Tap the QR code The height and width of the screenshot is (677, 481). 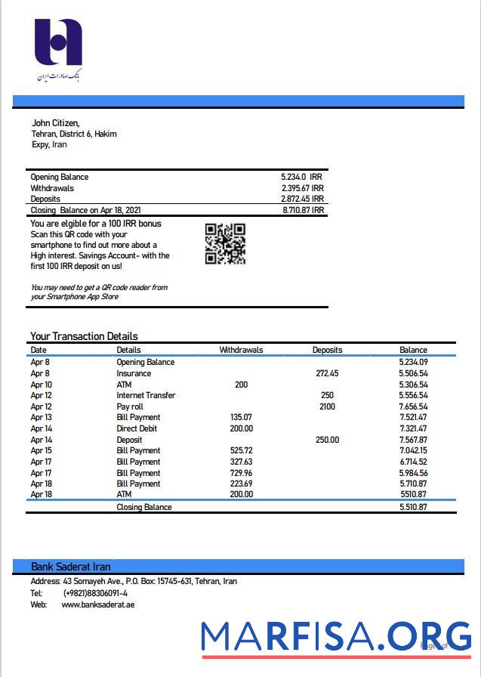click(x=225, y=244)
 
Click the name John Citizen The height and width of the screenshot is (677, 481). click(x=55, y=123)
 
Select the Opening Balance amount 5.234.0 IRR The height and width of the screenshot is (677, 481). click(x=301, y=177)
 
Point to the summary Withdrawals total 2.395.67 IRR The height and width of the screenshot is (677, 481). click(x=302, y=188)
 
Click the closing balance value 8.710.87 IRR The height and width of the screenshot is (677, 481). click(x=303, y=210)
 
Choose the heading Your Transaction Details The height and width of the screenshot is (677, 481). click(x=84, y=336)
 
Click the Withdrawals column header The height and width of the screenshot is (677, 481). click(x=241, y=350)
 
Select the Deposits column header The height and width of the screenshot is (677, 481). click(x=327, y=350)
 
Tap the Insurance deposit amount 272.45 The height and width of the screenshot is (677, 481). click(x=327, y=373)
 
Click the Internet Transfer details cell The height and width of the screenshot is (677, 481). click(x=146, y=395)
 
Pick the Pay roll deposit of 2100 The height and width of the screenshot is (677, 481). click(x=327, y=407)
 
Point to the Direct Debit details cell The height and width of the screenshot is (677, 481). click(x=137, y=428)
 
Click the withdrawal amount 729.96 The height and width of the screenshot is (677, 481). click(x=241, y=473)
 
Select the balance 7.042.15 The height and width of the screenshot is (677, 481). click(x=413, y=450)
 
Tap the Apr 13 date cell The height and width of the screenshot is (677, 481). click(x=41, y=417)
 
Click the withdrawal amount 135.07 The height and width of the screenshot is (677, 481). click(x=241, y=417)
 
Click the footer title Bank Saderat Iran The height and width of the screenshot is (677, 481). click(x=71, y=567)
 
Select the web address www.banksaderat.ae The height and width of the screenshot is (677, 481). click(x=98, y=604)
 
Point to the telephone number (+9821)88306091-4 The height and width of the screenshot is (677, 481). click(x=95, y=593)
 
